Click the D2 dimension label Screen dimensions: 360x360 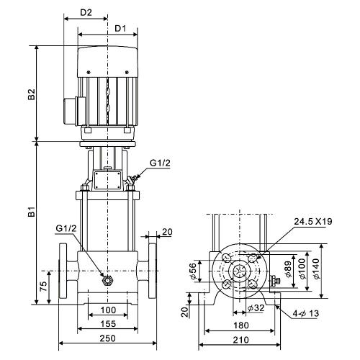click(x=86, y=12)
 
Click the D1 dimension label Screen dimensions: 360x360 click(x=120, y=29)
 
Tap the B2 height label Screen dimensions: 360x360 click(x=31, y=94)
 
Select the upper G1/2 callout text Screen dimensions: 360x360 click(x=160, y=163)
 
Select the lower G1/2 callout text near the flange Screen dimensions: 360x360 click(x=66, y=228)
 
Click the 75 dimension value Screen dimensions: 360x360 click(x=43, y=287)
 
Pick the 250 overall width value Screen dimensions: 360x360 click(x=108, y=338)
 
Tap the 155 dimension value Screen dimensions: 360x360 click(x=108, y=324)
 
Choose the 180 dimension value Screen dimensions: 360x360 click(x=241, y=325)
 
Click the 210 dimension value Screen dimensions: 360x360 click(x=241, y=340)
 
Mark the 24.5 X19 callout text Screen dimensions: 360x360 click(x=313, y=221)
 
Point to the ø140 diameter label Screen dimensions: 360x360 click(x=316, y=269)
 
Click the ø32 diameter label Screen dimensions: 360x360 click(x=256, y=307)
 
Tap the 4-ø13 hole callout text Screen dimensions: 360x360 click(x=306, y=313)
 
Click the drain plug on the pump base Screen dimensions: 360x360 click(x=107, y=280)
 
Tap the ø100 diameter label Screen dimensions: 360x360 click(x=302, y=269)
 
